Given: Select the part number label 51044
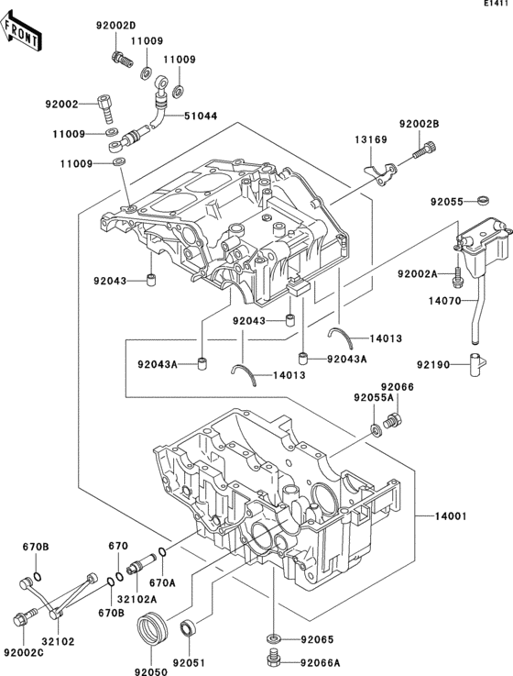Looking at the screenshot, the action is [201, 116].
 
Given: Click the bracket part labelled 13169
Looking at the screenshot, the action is [380, 173].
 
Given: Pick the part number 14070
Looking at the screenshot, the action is [444, 301].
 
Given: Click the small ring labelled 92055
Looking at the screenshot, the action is [484, 200].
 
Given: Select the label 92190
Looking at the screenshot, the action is [433, 365].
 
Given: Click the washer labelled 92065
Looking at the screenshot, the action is [274, 637].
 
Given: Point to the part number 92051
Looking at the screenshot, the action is [189, 662].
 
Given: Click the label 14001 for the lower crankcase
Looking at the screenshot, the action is [451, 516].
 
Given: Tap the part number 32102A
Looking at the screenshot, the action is [137, 599].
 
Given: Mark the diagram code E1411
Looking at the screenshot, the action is [498, 4].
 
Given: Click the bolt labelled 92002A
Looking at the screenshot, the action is [456, 276].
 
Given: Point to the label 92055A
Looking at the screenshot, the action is [374, 398].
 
